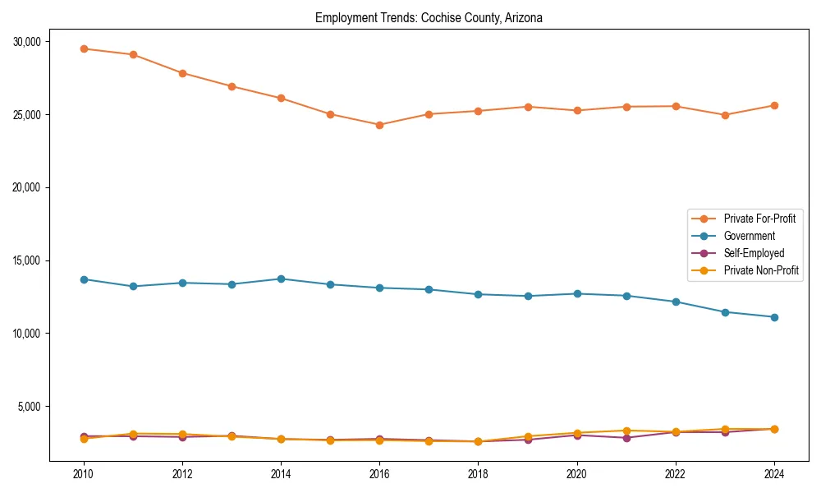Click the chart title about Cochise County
(429, 17)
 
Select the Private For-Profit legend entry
(759, 219)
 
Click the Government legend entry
(749, 236)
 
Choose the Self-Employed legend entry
(754, 253)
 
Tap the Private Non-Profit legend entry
(761, 270)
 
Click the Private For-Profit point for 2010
(84, 48)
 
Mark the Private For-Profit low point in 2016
(379, 125)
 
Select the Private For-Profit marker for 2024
(774, 105)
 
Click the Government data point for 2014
(281, 279)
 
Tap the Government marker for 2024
(774, 317)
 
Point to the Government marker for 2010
(84, 279)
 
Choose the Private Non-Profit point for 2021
(626, 431)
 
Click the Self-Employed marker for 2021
(626, 438)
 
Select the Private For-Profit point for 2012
(182, 73)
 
